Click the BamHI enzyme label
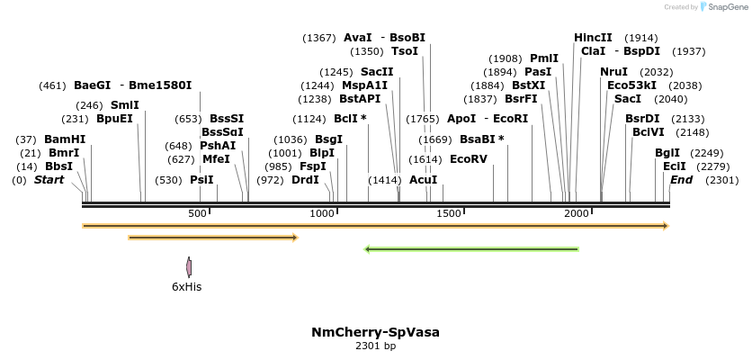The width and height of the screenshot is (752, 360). (x=64, y=139)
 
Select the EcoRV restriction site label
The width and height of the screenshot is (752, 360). (x=468, y=159)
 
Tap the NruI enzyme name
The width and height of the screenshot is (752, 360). (x=613, y=71)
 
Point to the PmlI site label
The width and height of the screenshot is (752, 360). (x=544, y=58)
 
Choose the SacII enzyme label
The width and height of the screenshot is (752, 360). (x=377, y=72)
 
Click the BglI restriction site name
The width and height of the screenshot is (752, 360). (x=667, y=152)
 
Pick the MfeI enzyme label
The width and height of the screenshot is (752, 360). (x=216, y=159)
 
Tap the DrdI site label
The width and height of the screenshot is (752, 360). (x=305, y=180)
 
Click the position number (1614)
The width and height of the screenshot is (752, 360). (x=425, y=159)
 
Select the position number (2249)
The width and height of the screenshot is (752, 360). (x=706, y=152)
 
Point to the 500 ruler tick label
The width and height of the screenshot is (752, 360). (x=197, y=212)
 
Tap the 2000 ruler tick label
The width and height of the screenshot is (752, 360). (x=576, y=212)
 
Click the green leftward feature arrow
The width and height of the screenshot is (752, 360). (x=471, y=249)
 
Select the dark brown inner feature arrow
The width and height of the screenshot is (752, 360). (x=213, y=238)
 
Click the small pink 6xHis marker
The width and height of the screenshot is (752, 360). (x=189, y=267)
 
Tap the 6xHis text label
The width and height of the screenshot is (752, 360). (x=187, y=287)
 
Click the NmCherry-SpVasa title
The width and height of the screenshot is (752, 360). (x=375, y=332)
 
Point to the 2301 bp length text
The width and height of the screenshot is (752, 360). (x=375, y=346)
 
